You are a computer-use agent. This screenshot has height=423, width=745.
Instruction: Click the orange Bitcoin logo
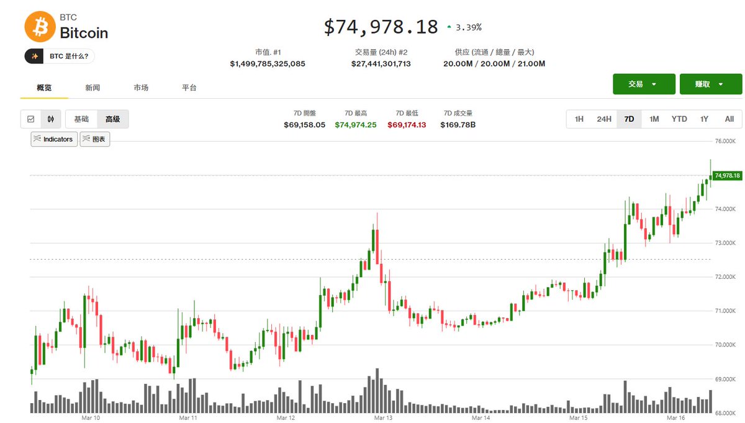[x=40, y=27]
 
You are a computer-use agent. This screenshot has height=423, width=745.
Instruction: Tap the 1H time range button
[x=579, y=119]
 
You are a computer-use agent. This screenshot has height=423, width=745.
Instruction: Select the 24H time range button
[x=603, y=119]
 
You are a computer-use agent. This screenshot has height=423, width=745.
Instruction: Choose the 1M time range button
[x=654, y=119]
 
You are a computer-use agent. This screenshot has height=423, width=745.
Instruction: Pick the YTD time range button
[x=679, y=119]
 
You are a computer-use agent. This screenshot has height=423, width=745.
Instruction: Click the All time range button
[x=729, y=119]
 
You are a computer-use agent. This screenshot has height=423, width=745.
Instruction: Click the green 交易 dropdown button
[x=643, y=84]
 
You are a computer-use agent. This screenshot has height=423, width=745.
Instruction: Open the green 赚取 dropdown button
[x=710, y=84]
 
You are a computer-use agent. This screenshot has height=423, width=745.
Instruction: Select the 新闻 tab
[x=93, y=88]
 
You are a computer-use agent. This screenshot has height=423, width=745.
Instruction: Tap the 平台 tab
[x=189, y=88]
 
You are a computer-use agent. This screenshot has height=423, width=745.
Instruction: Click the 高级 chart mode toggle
[x=112, y=119]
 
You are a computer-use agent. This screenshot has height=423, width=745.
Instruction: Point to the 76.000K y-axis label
[x=725, y=142]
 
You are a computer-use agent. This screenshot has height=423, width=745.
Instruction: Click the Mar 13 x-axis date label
[x=383, y=418]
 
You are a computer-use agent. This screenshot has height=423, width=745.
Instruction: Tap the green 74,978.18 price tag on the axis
[x=727, y=176]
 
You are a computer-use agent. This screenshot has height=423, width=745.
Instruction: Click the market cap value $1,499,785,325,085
[x=268, y=63]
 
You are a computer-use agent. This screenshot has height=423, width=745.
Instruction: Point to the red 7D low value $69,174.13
[x=407, y=125]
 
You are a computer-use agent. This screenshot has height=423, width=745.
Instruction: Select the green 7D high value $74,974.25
[x=356, y=125]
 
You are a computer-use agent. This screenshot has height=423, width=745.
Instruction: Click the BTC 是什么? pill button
[x=60, y=57]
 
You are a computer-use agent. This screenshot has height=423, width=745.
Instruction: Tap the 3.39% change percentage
[x=468, y=27]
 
